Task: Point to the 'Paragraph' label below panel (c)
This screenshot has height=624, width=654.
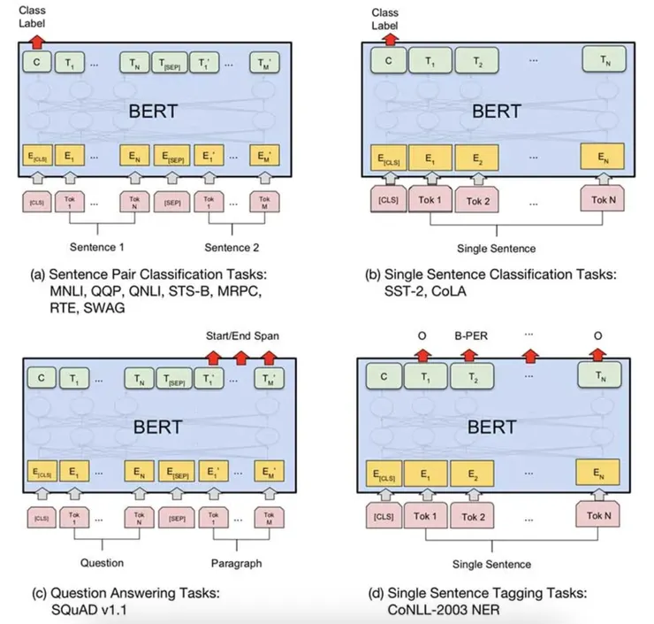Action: pyautogui.click(x=237, y=562)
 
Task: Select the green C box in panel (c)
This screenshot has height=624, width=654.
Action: pyautogui.click(x=38, y=377)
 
